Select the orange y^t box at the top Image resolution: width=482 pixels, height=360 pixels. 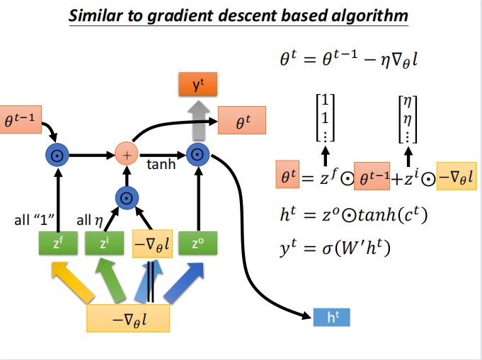[x=197, y=85]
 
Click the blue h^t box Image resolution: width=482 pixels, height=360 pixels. [x=331, y=317]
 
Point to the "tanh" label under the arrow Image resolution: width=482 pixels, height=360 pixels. [x=161, y=166]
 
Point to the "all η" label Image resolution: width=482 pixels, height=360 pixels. [x=90, y=220]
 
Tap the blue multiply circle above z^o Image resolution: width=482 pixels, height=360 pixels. [x=197, y=153]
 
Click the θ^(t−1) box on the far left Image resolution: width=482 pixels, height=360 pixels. [x=19, y=120]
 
